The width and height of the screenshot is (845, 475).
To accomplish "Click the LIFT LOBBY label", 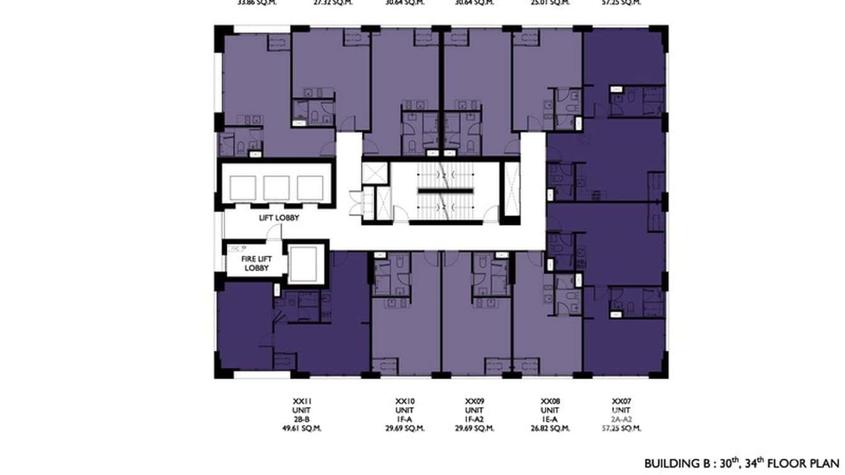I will (x=279, y=218).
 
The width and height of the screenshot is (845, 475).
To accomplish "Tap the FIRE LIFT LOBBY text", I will (x=256, y=263).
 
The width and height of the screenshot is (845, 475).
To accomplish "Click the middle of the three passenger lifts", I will (x=276, y=188).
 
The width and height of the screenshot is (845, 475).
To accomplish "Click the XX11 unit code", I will (x=302, y=401).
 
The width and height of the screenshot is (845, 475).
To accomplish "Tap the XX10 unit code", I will (x=404, y=401).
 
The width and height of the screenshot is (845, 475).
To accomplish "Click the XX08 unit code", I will (x=550, y=401).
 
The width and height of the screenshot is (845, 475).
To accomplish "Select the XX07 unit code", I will (x=621, y=401).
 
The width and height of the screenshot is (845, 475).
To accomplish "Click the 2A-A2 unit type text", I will (x=621, y=420).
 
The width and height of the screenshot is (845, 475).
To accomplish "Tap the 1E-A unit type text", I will (x=550, y=420).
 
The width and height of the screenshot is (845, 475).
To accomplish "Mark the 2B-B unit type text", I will (x=302, y=420).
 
